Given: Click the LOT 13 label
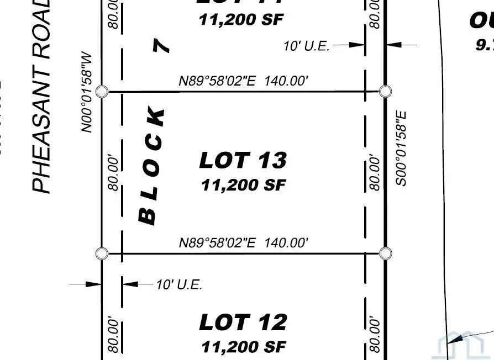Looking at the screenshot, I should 243,161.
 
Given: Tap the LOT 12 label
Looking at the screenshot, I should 243,322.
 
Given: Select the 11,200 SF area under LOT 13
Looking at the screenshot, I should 243,185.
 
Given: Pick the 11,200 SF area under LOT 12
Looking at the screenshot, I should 243,347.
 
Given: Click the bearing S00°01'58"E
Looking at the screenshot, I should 401,148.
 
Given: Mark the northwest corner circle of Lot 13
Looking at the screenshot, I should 102,91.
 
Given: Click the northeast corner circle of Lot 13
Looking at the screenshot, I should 386,91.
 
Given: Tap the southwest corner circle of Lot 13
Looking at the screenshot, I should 102,253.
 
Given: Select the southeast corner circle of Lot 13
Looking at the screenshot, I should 386,253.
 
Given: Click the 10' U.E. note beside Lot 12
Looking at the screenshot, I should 178,285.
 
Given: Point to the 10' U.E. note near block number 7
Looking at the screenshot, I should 306,46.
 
